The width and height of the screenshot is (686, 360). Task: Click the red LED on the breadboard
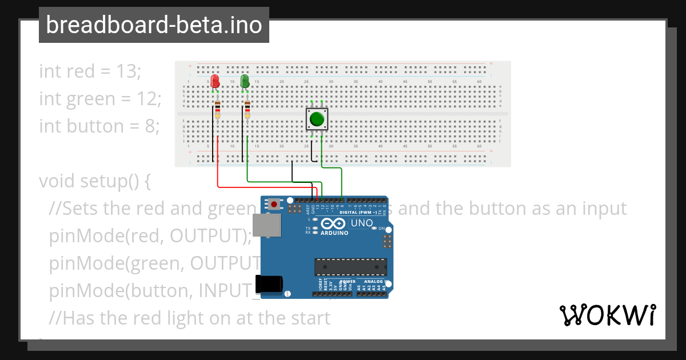coord(215,81)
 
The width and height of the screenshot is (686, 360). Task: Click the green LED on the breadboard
coord(245,81)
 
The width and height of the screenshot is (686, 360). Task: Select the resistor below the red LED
coord(217,109)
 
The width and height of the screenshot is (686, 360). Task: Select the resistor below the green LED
coord(247,109)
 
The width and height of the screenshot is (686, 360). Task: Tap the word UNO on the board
coord(361,223)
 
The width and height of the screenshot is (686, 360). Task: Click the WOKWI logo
coord(607,315)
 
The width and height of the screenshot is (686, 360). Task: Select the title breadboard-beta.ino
coord(154,25)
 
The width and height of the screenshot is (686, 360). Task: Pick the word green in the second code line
coord(91,99)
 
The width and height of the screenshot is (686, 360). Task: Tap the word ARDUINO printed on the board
coord(334,233)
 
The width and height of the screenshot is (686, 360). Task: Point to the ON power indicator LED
coord(374,229)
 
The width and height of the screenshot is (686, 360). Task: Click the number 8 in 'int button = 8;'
coord(150,126)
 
